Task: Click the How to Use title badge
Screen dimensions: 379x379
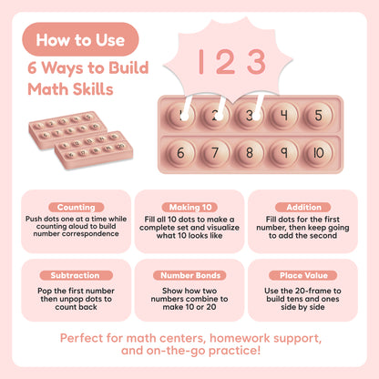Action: tap(80, 39)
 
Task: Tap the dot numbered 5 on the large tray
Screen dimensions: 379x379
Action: tap(318, 115)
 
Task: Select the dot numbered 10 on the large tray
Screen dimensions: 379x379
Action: tap(318, 152)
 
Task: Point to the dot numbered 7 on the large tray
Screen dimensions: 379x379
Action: tap(215, 152)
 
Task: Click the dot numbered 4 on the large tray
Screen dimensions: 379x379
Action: tap(283, 115)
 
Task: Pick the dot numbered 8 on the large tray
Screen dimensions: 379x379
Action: tap(250, 152)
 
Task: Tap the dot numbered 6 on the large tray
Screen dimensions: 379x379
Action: tap(180, 152)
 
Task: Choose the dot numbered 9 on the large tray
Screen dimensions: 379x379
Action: tap(283, 152)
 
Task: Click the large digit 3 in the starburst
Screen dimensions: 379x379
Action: tap(257, 62)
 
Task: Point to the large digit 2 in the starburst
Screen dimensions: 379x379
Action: tap(225, 62)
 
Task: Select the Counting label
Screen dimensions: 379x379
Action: tap(77, 208)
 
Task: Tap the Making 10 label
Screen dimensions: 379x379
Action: tap(190, 208)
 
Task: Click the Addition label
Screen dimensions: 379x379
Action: tap(303, 208)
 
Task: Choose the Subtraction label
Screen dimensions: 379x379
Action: tap(76, 275)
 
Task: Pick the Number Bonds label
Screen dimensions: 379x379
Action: tap(190, 275)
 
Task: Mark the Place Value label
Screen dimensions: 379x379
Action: tap(303, 275)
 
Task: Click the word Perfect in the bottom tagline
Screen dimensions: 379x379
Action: tap(79, 338)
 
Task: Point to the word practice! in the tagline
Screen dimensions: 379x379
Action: tap(234, 351)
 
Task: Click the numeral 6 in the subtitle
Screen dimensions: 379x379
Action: tap(32, 67)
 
